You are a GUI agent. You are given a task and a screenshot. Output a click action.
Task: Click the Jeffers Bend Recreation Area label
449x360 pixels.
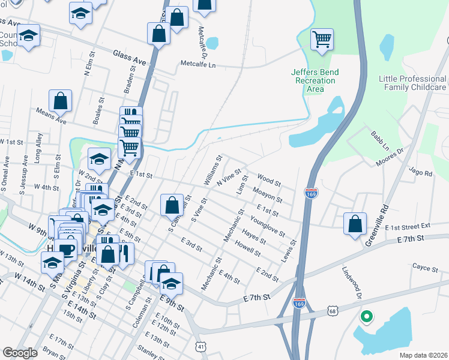(315, 80)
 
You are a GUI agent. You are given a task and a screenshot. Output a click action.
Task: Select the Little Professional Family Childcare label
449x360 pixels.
(412, 83)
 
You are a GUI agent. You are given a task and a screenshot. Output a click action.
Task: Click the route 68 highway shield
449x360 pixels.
(333, 311)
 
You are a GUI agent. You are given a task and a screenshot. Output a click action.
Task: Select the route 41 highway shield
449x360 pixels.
(200, 346)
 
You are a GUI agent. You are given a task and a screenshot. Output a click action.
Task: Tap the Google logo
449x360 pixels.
(20, 353)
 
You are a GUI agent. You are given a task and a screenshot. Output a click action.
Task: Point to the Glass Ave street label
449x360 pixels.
(129, 58)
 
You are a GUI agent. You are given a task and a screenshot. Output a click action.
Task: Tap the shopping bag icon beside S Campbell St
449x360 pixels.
(172, 205)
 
